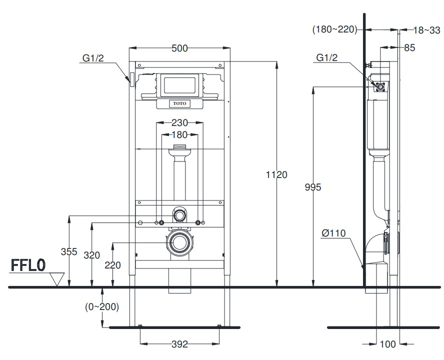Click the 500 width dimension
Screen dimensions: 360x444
pyautogui.click(x=179, y=48)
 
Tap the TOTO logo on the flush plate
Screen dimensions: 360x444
pyautogui.click(x=179, y=103)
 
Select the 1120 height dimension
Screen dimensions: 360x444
pyautogui.click(x=277, y=174)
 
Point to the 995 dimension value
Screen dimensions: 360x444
pyautogui.click(x=312, y=187)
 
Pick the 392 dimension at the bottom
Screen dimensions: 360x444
pyautogui.click(x=179, y=344)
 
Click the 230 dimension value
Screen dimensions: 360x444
pyautogui.click(x=179, y=122)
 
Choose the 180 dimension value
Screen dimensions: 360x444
pyautogui.click(x=179, y=134)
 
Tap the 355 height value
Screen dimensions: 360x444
pyautogui.click(x=69, y=251)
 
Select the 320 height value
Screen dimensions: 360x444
pyautogui.click(x=90, y=255)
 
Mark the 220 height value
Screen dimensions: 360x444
pyautogui.click(x=113, y=265)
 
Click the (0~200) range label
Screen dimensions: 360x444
pyautogui.click(x=101, y=306)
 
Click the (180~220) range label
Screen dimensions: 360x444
pyautogui.click(x=334, y=29)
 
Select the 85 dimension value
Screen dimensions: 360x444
pyautogui.click(x=409, y=48)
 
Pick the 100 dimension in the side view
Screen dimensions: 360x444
pyautogui.click(x=388, y=344)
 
